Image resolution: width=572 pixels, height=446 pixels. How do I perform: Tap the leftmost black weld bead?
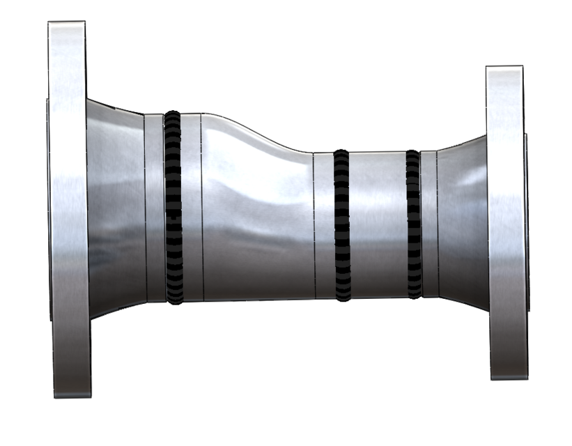pos(173,208)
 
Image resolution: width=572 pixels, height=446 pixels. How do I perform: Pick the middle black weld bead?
pos(341,224)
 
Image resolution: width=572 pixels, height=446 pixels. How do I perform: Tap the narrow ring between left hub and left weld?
pos(155,208)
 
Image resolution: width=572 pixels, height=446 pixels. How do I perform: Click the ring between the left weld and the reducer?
pos(192,208)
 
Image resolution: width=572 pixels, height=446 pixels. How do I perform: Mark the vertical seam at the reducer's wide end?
pos(202,208)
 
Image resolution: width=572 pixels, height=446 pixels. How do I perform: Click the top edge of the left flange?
pos(67,22)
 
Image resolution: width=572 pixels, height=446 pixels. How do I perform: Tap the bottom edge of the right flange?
pos(508,378)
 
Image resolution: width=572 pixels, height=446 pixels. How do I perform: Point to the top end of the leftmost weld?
pos(173,114)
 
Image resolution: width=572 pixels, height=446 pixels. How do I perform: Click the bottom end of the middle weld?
pos(342,298)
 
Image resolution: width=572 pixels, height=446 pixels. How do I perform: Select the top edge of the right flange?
pos(504,67)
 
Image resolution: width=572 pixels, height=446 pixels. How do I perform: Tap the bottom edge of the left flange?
pos(72,397)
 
